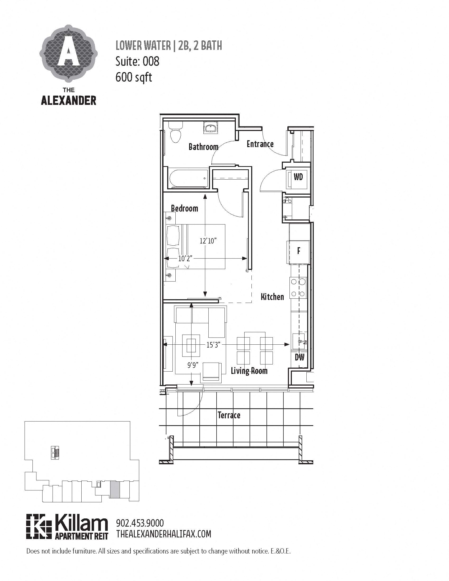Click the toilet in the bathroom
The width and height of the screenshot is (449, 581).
176,133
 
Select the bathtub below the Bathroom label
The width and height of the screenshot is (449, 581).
188,178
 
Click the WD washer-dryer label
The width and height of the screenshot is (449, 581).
298,177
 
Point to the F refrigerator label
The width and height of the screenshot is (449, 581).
299,251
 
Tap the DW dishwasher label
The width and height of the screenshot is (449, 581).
300,357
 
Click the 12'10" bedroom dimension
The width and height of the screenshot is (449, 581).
208,241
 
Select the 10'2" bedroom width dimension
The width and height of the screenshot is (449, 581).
185,258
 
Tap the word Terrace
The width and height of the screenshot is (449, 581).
229,415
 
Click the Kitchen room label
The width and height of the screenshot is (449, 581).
272,297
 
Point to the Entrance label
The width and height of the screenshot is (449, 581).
260,144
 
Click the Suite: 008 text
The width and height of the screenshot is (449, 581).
137,62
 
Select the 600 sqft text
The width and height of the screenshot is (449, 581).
134,77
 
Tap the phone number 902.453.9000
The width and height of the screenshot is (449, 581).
140,523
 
